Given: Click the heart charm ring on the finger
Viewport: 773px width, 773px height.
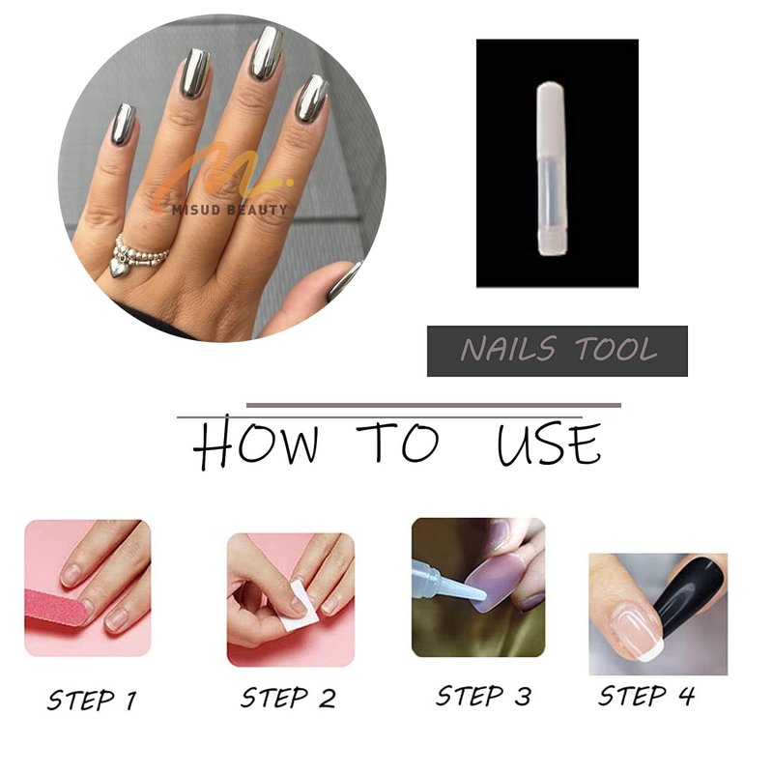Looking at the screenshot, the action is [135, 255].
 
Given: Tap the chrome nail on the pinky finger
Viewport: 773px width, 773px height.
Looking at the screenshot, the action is [122, 125].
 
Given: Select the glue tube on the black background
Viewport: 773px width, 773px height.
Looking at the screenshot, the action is [552, 169].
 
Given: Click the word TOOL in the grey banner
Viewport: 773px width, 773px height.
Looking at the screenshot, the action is [616, 349].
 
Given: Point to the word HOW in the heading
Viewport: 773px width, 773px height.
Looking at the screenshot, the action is [255, 442].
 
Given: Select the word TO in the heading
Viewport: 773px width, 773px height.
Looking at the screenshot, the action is [398, 442].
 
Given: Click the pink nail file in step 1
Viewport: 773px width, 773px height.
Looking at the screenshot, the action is [58, 607].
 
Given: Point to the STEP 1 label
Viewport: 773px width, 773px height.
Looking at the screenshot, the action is [92, 700].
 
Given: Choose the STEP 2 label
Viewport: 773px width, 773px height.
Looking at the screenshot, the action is [288, 698].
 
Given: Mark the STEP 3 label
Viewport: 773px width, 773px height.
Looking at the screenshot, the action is [484, 696].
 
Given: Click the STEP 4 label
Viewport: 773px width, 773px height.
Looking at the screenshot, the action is [646, 696].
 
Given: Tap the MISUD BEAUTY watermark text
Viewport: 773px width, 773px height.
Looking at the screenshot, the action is [230, 210].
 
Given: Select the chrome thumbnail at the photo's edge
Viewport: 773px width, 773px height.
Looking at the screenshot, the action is [344, 281].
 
